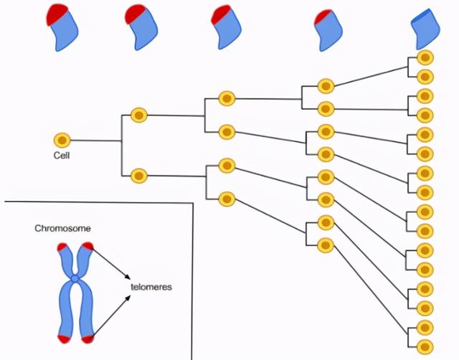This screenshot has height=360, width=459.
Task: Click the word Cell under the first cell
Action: click(62, 154)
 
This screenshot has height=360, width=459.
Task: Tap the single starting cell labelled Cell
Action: click(62, 140)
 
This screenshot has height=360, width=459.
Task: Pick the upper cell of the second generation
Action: click(138, 115)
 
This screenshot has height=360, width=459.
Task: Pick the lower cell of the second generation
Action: click(138, 174)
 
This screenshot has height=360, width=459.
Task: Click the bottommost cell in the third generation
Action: click(227, 198)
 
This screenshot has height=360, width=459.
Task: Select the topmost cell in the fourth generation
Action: click(326, 87)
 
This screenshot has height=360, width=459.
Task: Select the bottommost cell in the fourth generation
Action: click(326, 245)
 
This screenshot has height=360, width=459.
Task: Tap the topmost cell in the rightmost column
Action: click(425, 58)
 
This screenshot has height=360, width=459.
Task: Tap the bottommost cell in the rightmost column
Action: click(425, 346)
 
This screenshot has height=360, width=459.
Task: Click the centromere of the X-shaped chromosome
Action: click(75, 278)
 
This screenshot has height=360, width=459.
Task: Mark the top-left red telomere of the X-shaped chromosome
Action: click(62, 248)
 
